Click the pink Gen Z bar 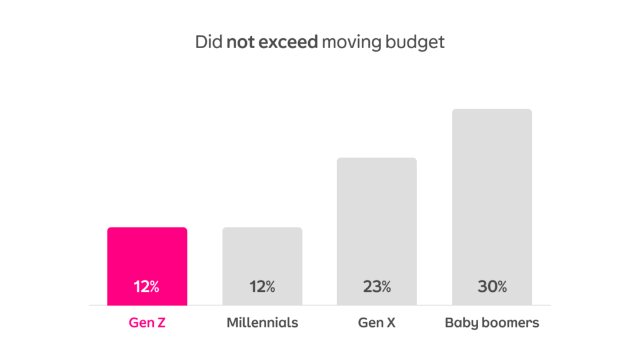pyautogui.click(x=147, y=256)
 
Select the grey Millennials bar pyautogui.click(x=262, y=256)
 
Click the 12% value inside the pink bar pyautogui.click(x=147, y=287)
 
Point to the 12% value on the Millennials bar pyautogui.click(x=262, y=287)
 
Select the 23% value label pyautogui.click(x=376, y=287)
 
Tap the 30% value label pyautogui.click(x=491, y=287)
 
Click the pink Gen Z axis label pyautogui.click(x=147, y=323)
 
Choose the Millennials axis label pyautogui.click(x=262, y=323)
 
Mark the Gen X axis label pyautogui.click(x=376, y=323)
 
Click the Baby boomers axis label pyautogui.click(x=491, y=323)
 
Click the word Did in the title pyautogui.click(x=209, y=42)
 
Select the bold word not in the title pyautogui.click(x=239, y=42)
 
